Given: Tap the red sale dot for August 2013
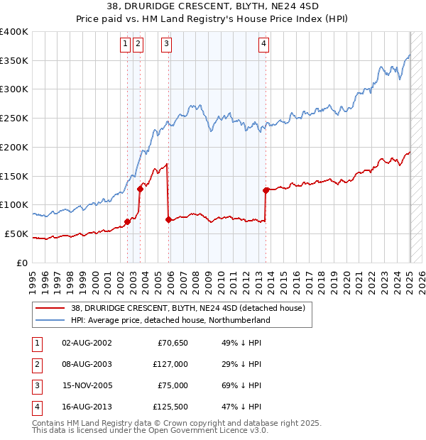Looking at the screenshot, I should pos(266,190).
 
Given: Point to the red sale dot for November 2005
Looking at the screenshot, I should pos(168,219).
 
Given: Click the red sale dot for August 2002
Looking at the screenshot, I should pos(127,221).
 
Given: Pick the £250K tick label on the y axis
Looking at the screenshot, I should pos(14,119).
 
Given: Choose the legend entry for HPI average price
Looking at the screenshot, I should pos(171,321).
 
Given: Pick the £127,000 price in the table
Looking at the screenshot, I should pos(169,363).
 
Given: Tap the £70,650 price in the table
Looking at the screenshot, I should pos(171,343).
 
